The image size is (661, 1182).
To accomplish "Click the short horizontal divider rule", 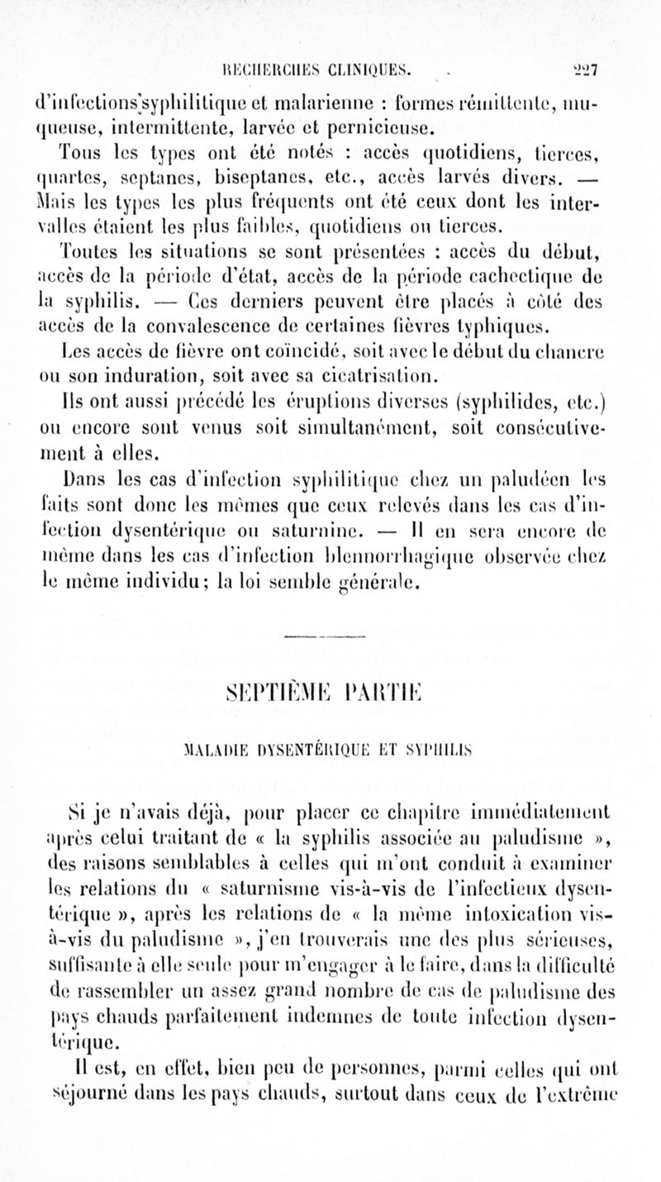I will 330,637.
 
